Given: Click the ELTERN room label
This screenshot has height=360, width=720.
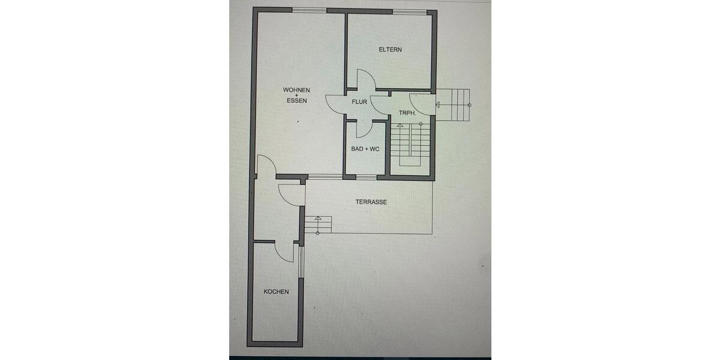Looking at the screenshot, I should tap(390, 50).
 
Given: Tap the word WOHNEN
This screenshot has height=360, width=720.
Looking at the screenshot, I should tap(296, 90).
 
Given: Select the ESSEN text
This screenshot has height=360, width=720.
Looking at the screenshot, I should tap(296, 101).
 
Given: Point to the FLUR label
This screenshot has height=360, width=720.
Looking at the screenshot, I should tap(359, 102).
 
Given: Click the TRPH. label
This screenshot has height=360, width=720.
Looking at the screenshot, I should tap(407, 112).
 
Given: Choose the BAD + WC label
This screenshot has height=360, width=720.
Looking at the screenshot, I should tap(365, 149).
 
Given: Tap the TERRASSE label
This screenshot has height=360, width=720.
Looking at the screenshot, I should tap(371, 202).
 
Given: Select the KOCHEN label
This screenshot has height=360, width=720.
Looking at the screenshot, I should tap(276, 292).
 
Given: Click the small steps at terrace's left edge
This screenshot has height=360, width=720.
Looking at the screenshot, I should tap(318, 224).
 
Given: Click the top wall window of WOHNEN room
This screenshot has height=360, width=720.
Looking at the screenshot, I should tap(310, 10).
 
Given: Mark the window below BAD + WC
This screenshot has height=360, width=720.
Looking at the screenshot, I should tap(366, 177).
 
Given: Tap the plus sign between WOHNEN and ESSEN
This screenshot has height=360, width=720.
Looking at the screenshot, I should tap(296, 95).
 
